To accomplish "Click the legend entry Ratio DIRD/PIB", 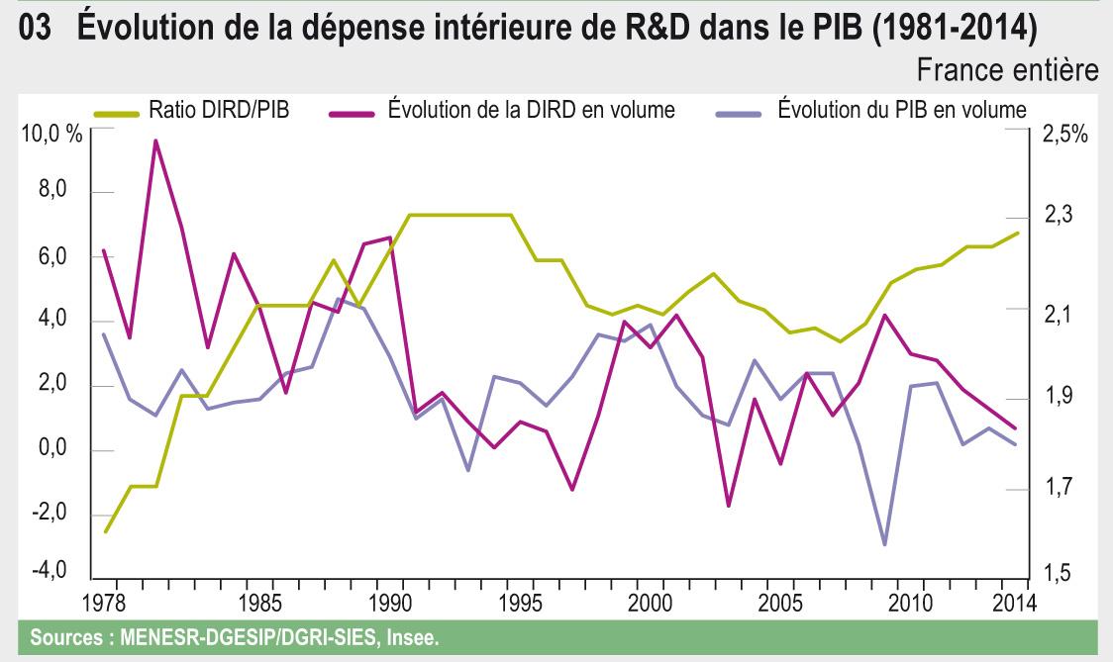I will pos(219,109).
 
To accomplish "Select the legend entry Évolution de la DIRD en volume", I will pos(531,109).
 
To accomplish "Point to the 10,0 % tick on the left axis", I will pos(51,135).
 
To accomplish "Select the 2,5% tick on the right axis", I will pos(1063,135).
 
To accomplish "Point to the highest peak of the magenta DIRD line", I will pos(155,141).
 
